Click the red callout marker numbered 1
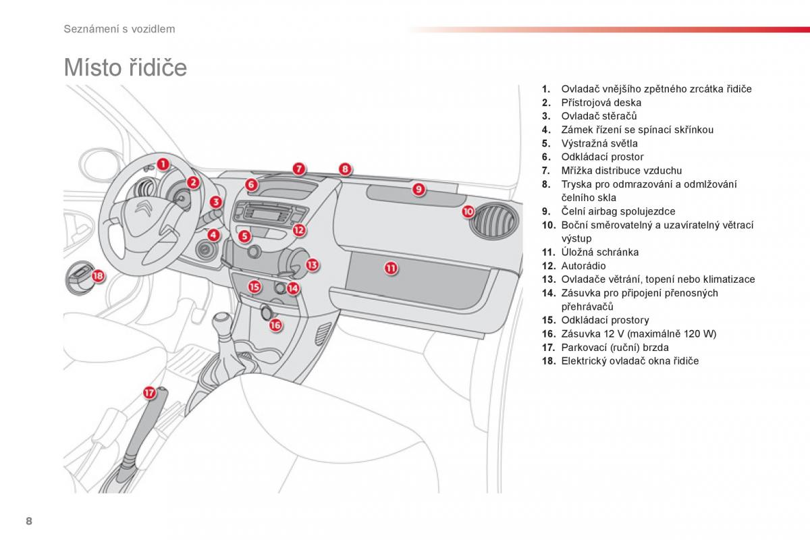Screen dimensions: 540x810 point(163,163)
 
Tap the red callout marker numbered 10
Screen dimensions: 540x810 point(468,211)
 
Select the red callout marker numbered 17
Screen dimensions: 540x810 point(149,392)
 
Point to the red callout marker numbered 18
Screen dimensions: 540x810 point(99,275)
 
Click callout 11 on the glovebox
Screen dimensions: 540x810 point(391,268)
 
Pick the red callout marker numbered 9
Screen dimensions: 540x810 point(418,189)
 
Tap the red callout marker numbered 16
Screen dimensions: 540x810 point(275,325)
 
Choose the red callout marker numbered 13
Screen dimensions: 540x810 point(312,265)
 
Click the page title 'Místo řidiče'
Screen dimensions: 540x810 point(125,68)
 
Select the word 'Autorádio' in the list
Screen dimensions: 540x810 point(583,266)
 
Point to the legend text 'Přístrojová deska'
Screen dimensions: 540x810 point(601,103)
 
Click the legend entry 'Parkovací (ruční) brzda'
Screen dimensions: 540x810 point(615,348)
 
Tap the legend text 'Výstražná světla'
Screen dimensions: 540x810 point(599,143)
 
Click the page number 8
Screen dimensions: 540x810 point(28,521)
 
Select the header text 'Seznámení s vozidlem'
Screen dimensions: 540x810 point(119,28)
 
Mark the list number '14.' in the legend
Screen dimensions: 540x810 point(547,293)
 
